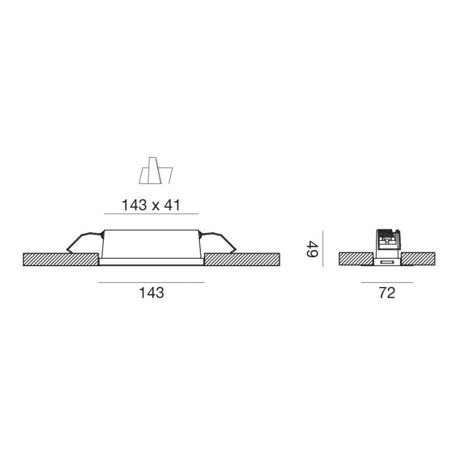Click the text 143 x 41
(151, 205)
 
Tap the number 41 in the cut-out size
(172, 205)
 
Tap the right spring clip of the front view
(219, 241)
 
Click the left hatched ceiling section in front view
(60, 260)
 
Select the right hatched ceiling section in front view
(242, 260)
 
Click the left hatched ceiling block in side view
(355, 259)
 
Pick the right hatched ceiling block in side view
(419, 259)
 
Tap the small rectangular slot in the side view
(387, 262)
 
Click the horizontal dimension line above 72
(387, 282)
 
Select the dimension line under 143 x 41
(151, 214)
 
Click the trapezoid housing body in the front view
(151, 245)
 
